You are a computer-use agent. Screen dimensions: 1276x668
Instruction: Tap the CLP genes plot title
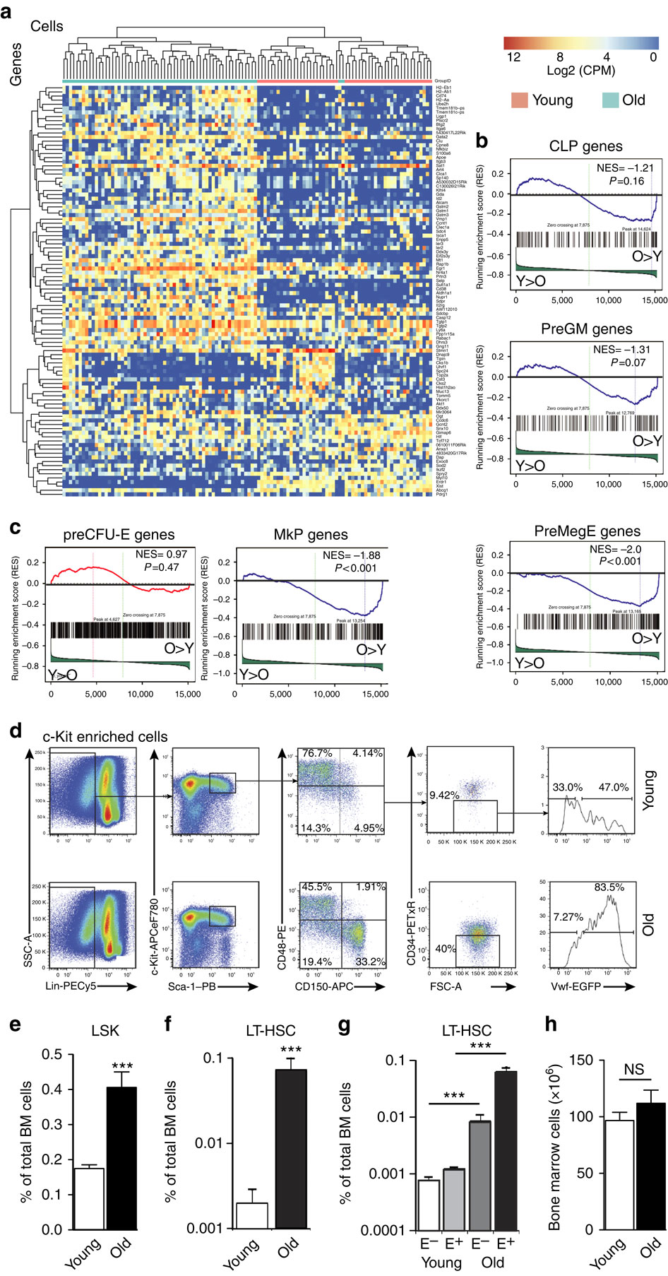pos(586,146)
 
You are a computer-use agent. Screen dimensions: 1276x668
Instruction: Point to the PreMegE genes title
pos(587,531)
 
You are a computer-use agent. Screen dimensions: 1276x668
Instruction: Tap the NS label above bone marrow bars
pos(633,1069)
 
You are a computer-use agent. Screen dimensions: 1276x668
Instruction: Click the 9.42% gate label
pos(444,795)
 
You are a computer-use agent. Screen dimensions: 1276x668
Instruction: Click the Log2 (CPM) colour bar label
pos(580,71)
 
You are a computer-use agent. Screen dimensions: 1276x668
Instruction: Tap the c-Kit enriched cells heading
pos(105,737)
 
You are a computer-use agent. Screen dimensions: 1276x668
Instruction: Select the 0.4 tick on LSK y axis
pos(52,1089)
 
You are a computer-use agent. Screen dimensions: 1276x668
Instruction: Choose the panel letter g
pos(345,1026)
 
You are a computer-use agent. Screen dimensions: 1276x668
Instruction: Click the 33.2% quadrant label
pos(370,962)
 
